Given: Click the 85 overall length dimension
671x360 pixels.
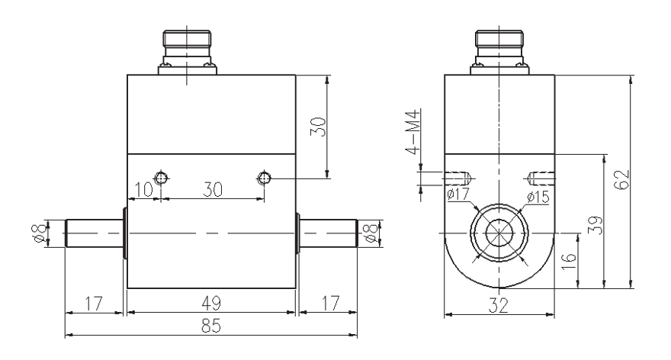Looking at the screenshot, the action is click(x=211, y=326).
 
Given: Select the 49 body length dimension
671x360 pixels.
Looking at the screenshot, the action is click(x=211, y=304).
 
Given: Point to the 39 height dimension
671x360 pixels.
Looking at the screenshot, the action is click(x=596, y=225).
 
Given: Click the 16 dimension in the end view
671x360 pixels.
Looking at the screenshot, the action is click(x=569, y=262).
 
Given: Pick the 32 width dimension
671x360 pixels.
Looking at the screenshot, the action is click(x=499, y=306).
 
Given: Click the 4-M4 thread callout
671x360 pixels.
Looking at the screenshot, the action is click(x=414, y=131).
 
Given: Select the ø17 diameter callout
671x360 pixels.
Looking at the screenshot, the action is click(x=458, y=194).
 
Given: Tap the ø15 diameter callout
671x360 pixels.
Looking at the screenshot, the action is click(x=538, y=197).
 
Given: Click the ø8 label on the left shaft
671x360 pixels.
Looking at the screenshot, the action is click(x=40, y=233).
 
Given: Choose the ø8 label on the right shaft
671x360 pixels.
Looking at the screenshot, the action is click(x=372, y=233).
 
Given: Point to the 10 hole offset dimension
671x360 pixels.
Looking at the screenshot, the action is click(x=144, y=189).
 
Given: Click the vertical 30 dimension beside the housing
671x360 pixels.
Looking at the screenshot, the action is click(x=319, y=127).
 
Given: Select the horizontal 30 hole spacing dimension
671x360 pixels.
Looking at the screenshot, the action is click(x=213, y=189).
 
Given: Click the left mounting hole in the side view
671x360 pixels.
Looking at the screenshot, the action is click(x=161, y=177).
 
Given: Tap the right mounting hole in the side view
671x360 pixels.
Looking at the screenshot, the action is click(x=264, y=177).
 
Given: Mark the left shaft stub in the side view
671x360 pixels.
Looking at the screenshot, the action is click(x=94, y=233).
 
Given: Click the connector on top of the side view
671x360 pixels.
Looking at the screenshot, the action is click(x=187, y=52).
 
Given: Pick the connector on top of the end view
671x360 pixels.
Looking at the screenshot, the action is click(x=499, y=52).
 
